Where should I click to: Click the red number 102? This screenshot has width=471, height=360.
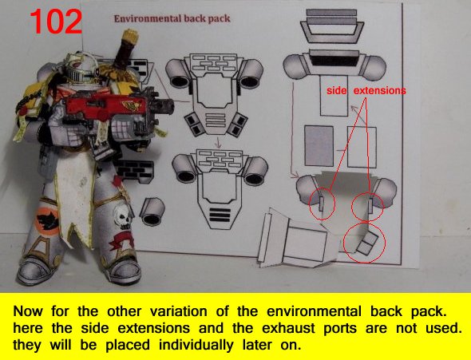pos(56,22)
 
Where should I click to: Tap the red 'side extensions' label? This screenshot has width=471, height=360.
pos(366,90)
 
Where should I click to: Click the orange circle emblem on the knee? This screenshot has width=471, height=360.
pos(46,221)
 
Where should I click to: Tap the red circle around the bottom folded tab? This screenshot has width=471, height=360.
pos(364,243)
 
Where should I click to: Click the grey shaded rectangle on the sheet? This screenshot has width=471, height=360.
pos(319,146)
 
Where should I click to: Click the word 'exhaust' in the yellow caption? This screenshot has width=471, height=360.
pos(288,328)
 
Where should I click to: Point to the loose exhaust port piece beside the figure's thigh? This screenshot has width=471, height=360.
pos(152,211)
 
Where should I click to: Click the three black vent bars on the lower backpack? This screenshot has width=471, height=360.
pos(220,215)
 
